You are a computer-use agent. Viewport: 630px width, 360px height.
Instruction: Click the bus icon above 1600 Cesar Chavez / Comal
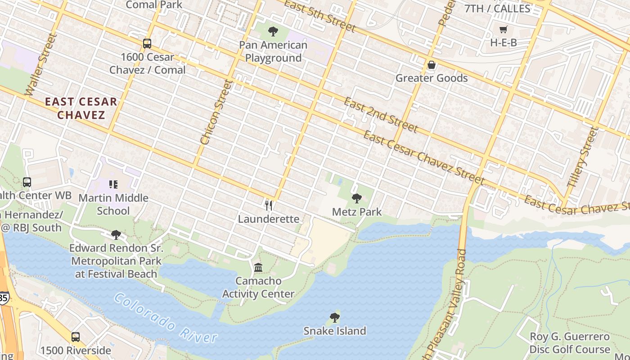pos(147,44)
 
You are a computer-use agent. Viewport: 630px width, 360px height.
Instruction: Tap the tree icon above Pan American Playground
pos(273,31)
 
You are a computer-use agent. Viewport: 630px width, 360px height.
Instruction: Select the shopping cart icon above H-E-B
pos(503,30)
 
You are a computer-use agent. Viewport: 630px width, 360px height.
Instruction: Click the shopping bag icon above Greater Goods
pos(431,65)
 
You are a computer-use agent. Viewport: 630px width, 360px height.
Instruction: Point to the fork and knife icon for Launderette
pos(269,206)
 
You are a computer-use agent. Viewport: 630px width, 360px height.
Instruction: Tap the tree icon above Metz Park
pos(357,198)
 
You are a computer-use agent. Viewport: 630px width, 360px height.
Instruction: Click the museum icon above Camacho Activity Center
pos(258,268)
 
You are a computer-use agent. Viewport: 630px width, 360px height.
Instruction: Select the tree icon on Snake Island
pos(334,318)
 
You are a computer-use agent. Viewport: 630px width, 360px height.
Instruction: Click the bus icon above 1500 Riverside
pos(76,337)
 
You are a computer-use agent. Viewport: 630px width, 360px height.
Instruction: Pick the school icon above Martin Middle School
pos(113,184)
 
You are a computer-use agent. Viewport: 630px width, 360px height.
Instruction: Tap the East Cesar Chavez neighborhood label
pos(81,108)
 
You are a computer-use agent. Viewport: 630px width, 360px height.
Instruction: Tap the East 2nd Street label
pos(381,115)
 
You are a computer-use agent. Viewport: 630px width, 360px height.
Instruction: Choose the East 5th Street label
pos(320,17)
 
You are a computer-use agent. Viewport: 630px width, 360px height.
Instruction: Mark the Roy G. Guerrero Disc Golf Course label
pos(569,343)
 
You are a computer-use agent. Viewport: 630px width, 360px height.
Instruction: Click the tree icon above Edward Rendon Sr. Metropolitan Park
pos(116,234)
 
